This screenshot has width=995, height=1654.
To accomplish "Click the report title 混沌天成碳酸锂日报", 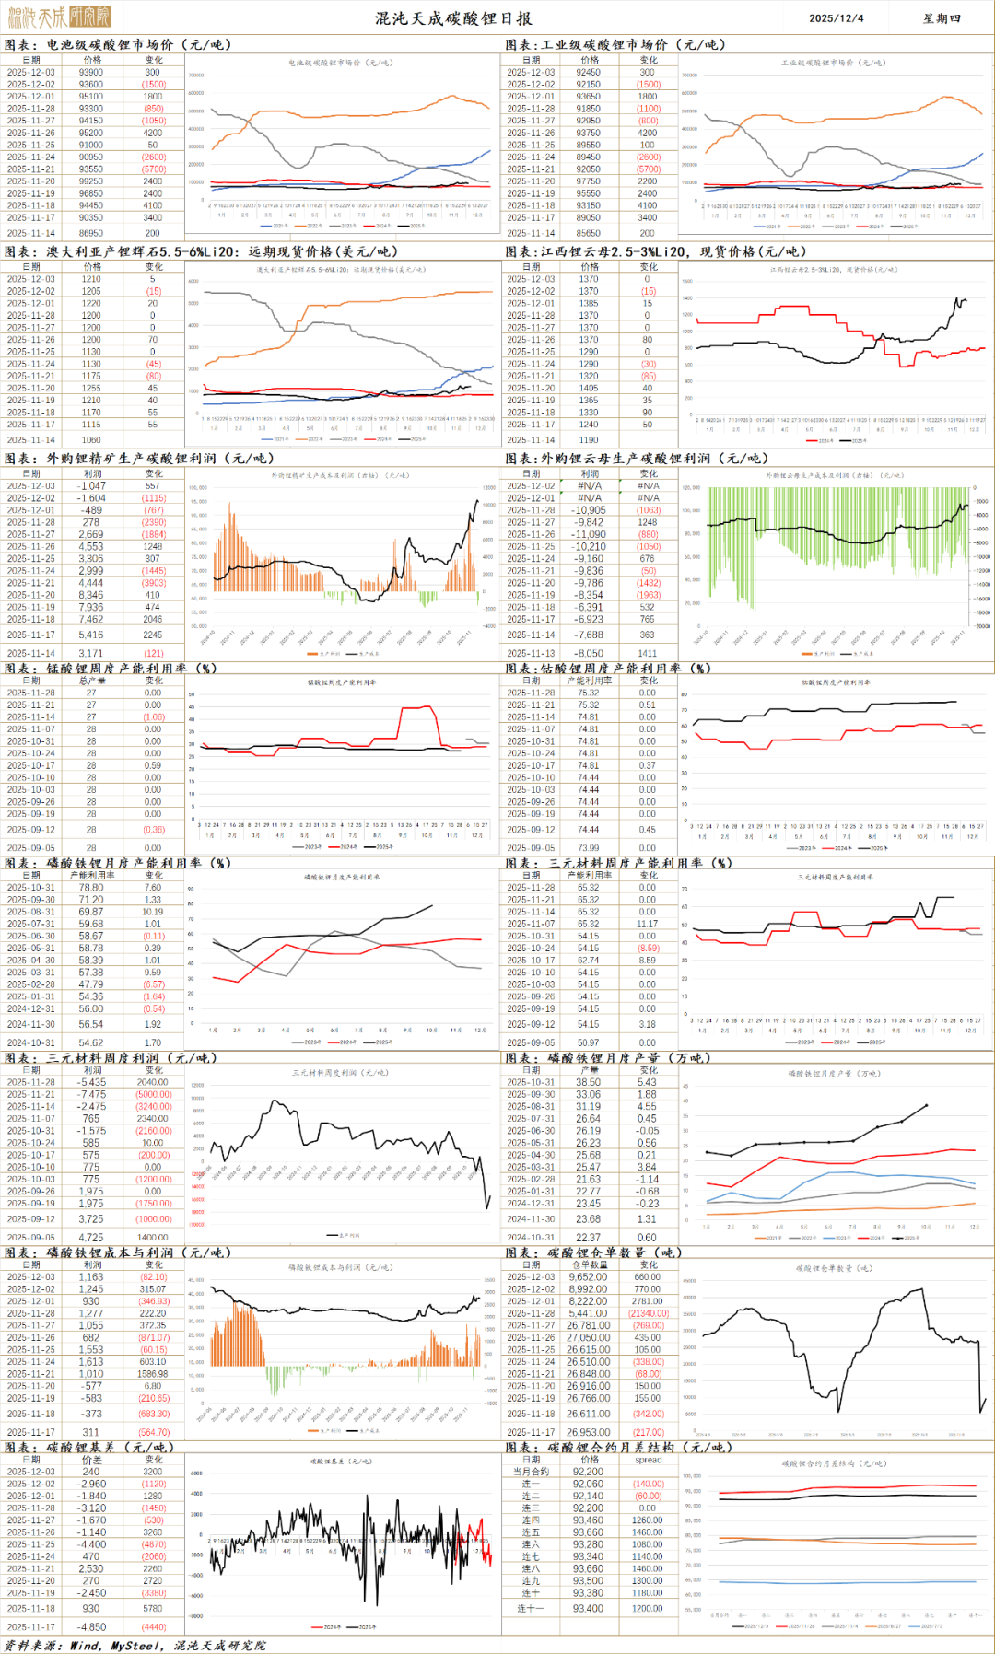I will (x=452, y=17).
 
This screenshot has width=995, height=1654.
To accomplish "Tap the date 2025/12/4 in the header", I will (x=836, y=18).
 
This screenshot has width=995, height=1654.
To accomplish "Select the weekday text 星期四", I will (x=942, y=18).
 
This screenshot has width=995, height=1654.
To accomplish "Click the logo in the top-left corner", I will (x=59, y=17).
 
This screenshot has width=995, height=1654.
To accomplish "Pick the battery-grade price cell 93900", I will (x=91, y=72).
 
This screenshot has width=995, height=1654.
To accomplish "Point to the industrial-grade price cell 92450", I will (x=589, y=72).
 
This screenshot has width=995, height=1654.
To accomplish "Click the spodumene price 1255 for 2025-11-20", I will (x=91, y=388).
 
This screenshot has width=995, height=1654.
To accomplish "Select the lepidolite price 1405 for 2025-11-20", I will (x=589, y=388).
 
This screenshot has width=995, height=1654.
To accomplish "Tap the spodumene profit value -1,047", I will (x=91, y=485).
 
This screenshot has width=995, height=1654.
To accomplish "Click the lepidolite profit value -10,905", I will (x=589, y=509).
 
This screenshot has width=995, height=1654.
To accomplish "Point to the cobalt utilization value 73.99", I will (x=589, y=848).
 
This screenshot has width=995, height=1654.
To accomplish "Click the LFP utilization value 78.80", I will (x=91, y=888).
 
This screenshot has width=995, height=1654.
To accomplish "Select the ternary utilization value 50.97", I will (x=589, y=1042).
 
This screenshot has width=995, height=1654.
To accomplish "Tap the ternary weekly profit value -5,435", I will (x=91, y=1082).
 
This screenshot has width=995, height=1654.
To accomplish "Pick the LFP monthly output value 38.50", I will (x=589, y=1082).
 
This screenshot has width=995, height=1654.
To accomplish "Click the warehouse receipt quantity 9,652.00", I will (x=589, y=1276).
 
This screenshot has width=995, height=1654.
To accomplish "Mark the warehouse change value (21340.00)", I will (x=648, y=1313).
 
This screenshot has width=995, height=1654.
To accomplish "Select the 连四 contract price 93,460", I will (x=589, y=1520).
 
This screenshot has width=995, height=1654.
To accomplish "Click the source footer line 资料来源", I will (x=135, y=1645).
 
